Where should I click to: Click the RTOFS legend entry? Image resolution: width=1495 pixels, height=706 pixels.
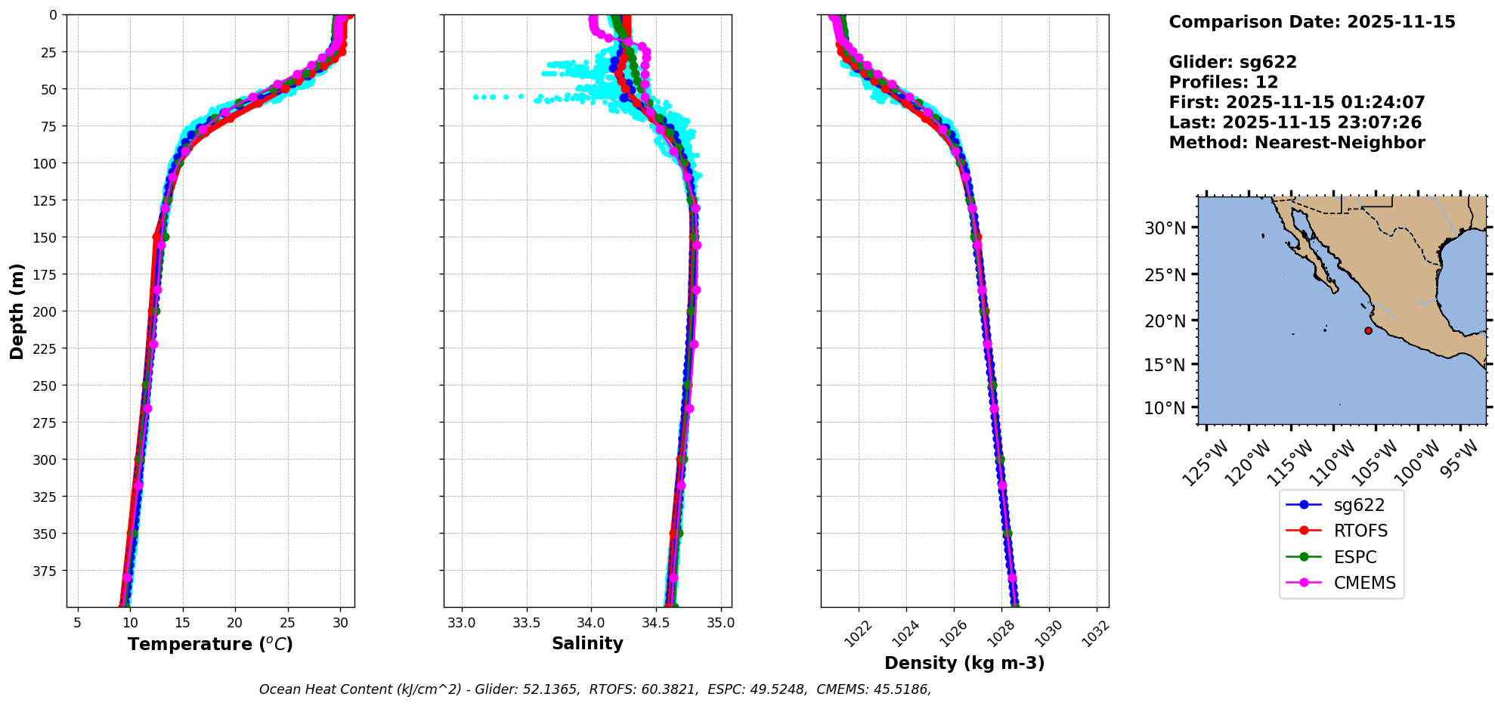point(1360,531)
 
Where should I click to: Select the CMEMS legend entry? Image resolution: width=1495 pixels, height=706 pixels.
point(1363,583)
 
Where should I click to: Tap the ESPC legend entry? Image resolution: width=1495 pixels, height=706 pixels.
point(1354,557)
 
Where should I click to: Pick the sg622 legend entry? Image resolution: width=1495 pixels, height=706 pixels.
point(1359,505)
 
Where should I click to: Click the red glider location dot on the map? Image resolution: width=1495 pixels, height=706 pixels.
point(1368,330)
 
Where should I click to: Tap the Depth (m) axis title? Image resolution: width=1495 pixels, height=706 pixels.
point(17,311)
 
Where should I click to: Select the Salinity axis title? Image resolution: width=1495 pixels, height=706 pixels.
point(587,643)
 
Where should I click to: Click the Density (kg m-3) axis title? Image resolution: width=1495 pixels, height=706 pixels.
point(964,663)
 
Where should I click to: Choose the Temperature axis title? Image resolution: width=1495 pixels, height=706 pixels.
point(210,644)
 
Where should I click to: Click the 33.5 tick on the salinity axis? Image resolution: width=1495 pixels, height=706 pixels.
point(526,624)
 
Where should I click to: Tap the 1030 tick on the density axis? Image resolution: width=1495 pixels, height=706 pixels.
point(1049,632)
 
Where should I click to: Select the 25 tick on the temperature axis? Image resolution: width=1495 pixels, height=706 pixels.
point(287,624)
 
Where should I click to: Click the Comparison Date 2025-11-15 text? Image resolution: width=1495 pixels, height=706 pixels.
point(1311,22)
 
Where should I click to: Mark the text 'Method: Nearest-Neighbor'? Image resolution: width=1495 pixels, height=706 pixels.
point(1296,143)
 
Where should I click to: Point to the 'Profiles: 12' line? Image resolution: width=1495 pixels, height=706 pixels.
point(1223,82)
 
